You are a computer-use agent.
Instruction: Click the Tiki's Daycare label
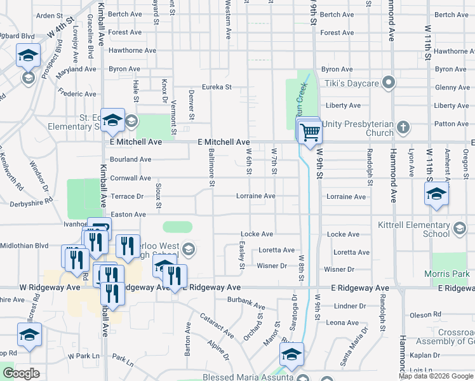click(x=352, y=83)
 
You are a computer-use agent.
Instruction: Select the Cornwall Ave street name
click(x=130, y=178)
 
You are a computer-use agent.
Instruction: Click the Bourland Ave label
click(x=130, y=160)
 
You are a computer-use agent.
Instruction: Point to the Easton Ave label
click(x=128, y=215)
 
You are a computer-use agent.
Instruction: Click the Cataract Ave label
click(x=217, y=326)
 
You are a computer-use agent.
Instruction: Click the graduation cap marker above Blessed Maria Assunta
click(x=291, y=356)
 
